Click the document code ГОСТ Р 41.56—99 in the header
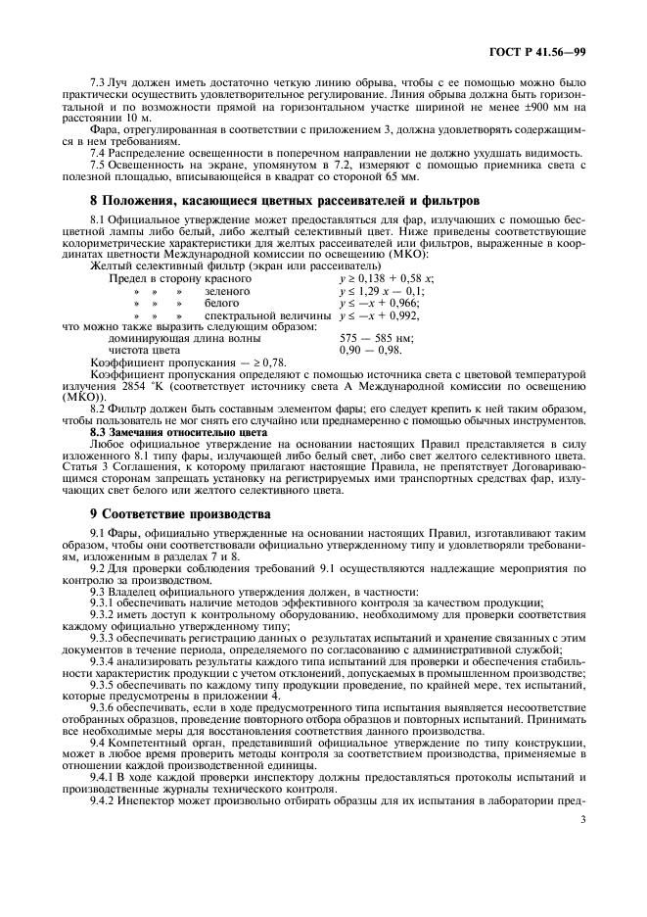[x=544, y=51]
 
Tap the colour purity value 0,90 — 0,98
[x=366, y=349]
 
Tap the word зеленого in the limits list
[x=227, y=291]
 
